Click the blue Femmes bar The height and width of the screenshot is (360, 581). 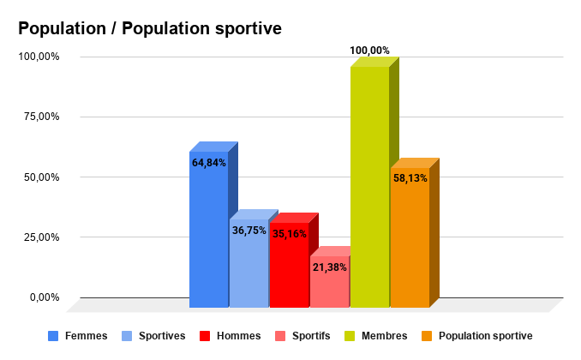tap(208, 240)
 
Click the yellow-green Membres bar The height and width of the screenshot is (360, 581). tap(369, 189)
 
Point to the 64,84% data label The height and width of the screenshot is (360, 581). tap(209, 163)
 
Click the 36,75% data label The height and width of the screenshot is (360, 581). tap(249, 231)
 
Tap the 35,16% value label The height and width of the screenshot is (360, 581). tap(289, 234)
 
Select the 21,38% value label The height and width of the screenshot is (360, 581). tap(329, 267)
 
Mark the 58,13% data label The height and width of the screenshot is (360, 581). tap(410, 179)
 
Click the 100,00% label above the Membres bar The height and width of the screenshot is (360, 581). tap(369, 51)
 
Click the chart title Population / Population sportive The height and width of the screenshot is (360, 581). tap(150, 29)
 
